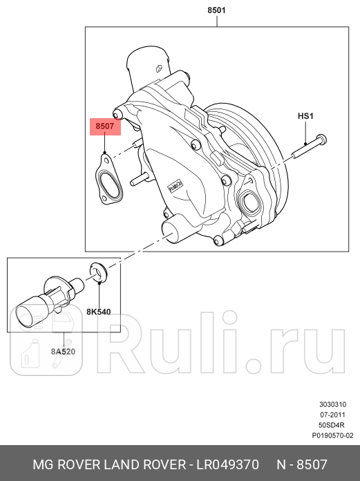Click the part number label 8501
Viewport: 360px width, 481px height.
tap(216, 11)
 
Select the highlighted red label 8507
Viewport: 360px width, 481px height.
tap(105, 127)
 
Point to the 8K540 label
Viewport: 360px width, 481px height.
tap(99, 312)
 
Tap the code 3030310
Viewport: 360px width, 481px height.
tap(337, 404)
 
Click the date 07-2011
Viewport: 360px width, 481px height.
tap(337, 415)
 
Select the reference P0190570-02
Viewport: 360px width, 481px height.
tap(332, 435)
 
